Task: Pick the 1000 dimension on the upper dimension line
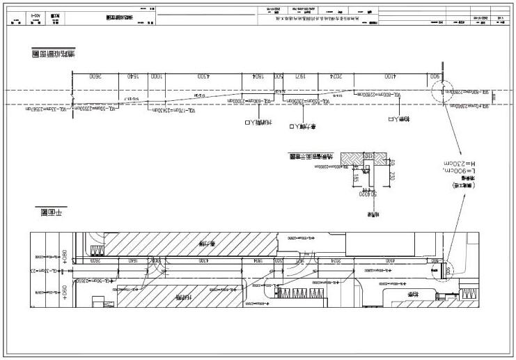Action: [157, 76]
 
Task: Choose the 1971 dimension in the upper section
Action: [300, 76]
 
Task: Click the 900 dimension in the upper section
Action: [435, 76]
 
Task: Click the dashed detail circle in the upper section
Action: [441, 92]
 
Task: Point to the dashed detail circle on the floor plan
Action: [441, 269]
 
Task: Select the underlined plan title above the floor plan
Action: [49, 211]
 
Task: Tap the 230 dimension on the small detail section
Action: [392, 176]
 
